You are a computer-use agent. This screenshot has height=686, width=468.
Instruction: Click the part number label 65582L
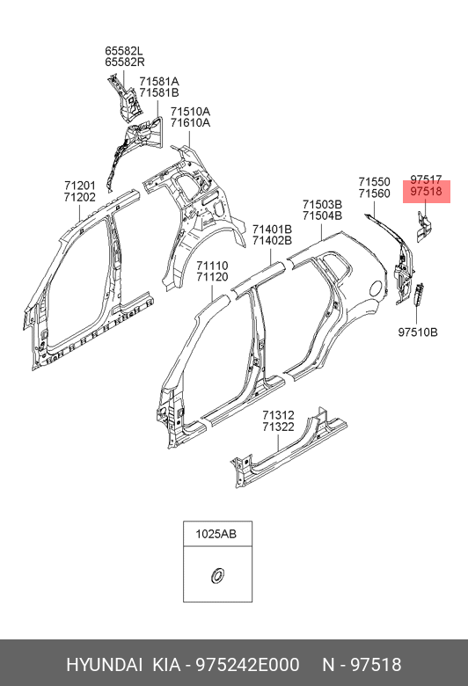[x=124, y=50]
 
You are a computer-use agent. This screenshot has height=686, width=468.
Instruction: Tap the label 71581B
[x=159, y=92]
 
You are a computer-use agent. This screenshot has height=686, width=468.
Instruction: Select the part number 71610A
[x=190, y=122]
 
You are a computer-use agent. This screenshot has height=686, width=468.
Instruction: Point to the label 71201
[x=80, y=186]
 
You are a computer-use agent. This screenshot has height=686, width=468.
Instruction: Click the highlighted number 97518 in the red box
[x=426, y=191]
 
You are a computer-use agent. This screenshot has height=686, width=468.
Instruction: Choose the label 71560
[x=375, y=193]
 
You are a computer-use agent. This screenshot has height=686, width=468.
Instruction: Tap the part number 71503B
[x=322, y=204]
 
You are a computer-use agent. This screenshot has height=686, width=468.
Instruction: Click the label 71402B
[x=272, y=240]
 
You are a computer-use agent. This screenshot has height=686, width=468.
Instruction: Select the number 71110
[x=212, y=266]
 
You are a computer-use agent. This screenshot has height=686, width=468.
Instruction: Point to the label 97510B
[x=418, y=332]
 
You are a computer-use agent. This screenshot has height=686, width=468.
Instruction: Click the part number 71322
[x=279, y=427]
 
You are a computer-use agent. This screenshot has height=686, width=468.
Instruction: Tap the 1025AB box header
[x=217, y=534]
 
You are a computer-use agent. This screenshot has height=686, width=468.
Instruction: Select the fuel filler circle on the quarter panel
[x=377, y=288]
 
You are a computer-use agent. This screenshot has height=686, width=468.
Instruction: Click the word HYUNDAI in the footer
[x=104, y=665]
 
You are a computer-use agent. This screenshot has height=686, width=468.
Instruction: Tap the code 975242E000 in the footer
[x=247, y=665]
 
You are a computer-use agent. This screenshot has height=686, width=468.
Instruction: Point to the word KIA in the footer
[x=166, y=665]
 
